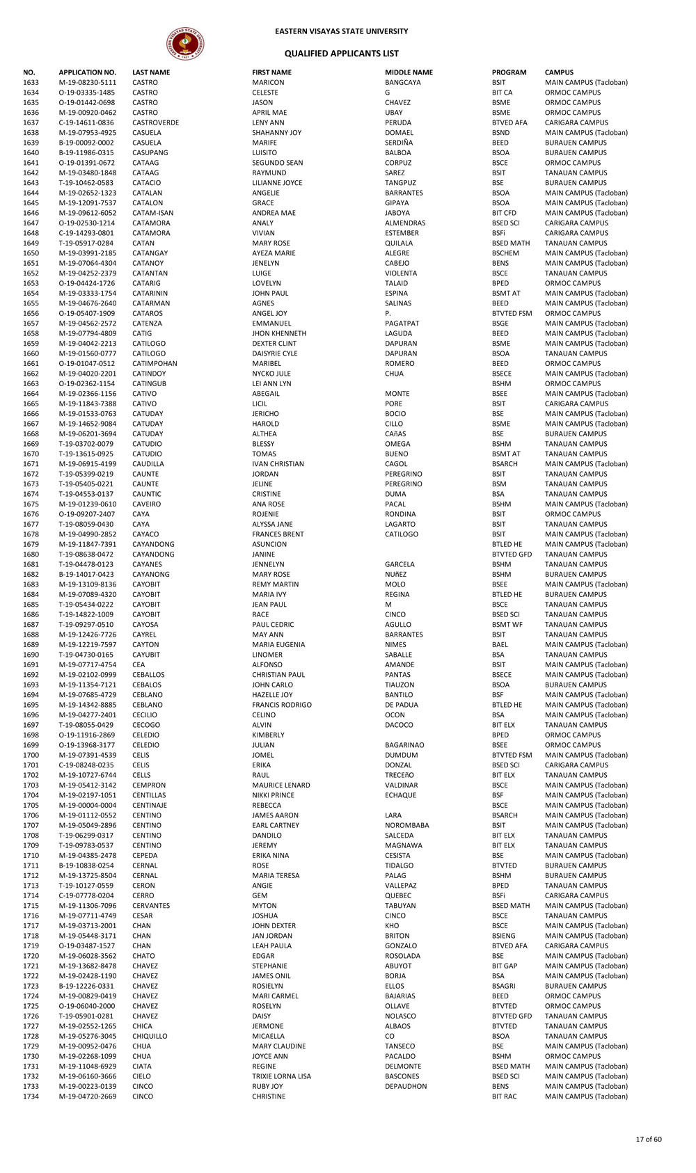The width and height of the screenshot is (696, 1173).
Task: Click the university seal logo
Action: (x=185, y=44)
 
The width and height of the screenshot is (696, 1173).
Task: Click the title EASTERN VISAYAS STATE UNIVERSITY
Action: (x=341, y=31)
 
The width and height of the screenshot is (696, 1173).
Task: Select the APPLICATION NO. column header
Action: (x=87, y=72)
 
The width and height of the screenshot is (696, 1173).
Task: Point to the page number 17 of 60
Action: (x=648, y=1139)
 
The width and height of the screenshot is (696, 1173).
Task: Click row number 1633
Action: (x=31, y=83)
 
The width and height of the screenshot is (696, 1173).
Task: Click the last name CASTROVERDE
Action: (x=155, y=122)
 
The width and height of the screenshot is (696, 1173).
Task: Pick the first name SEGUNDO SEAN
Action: (x=277, y=163)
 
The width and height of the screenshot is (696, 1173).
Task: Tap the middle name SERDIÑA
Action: (x=399, y=143)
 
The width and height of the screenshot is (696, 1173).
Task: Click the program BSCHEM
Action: (x=505, y=253)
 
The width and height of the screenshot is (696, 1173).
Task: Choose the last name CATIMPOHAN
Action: (x=155, y=363)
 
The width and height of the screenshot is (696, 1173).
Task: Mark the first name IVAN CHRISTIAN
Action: (x=278, y=464)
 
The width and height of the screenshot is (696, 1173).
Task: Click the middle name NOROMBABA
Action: (x=406, y=825)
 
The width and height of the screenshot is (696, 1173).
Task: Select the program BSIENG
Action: (x=504, y=936)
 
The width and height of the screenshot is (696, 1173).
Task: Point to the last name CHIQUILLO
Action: (x=150, y=1036)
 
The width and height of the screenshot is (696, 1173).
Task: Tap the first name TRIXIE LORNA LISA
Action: (x=281, y=1076)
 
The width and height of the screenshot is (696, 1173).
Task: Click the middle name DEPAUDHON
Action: (x=406, y=1086)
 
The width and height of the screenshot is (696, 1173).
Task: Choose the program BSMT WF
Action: (x=507, y=625)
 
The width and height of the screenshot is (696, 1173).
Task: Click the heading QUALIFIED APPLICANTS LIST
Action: (x=341, y=54)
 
